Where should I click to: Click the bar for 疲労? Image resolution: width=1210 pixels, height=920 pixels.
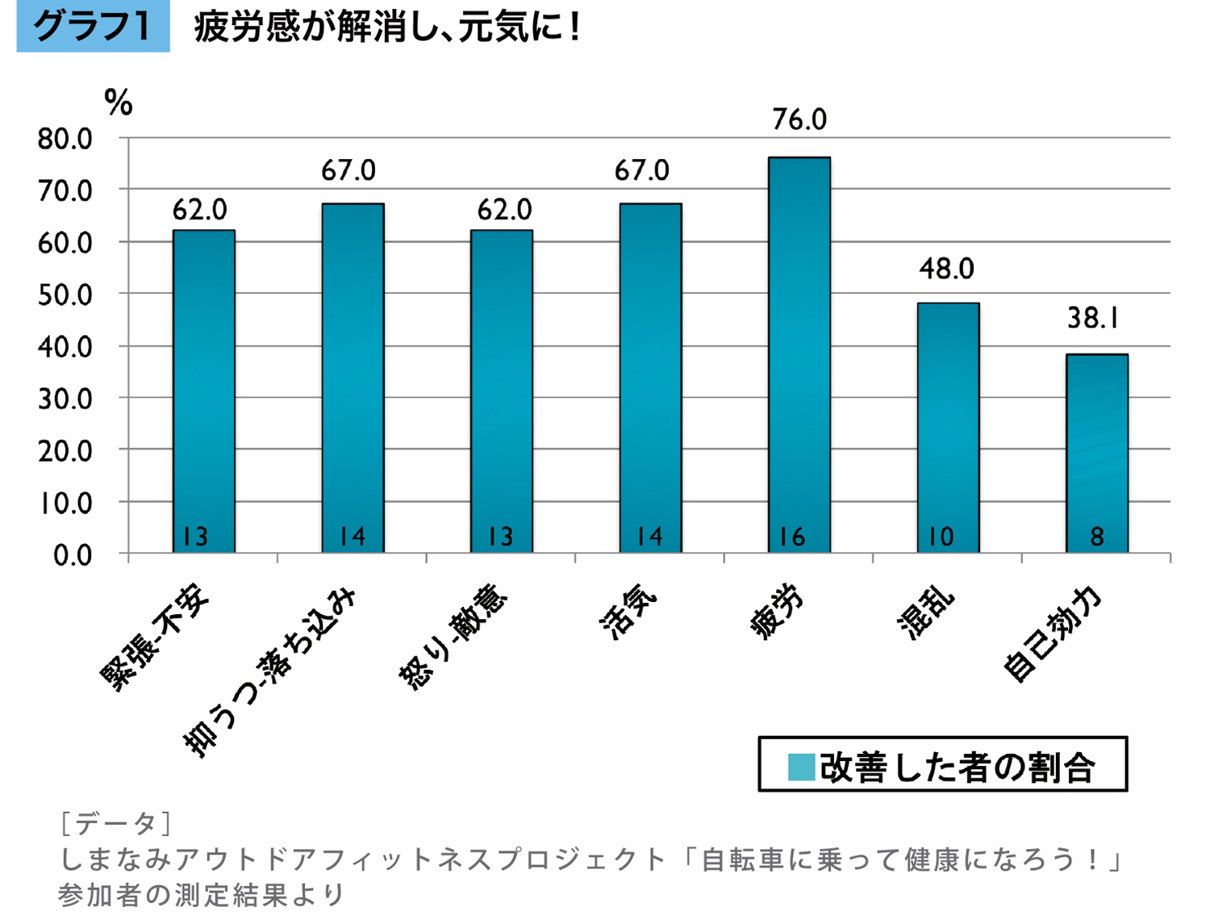pos(799,355)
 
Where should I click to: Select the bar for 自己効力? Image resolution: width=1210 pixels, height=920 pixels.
pos(1096,453)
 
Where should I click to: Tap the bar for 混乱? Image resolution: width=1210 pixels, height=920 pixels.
pos(948,428)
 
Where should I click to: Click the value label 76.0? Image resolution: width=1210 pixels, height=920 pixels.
pos(799,119)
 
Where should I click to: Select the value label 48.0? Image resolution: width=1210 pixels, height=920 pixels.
pos(946,268)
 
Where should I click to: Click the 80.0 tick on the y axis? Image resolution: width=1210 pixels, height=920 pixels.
pos(65,139)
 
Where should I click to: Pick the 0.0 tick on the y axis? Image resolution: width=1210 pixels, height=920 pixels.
pos(73,555)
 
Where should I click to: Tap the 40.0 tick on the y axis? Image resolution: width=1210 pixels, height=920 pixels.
pos(65,347)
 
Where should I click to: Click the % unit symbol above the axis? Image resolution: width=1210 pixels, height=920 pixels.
pos(119,102)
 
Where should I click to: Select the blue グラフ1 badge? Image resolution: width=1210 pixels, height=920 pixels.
pos(93,27)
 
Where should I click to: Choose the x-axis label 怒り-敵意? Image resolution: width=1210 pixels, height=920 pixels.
pos(453,638)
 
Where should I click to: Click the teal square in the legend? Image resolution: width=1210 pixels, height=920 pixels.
pos(801,767)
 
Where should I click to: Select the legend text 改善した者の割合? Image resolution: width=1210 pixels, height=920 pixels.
pos(957,767)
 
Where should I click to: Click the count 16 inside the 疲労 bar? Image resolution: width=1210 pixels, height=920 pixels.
pos(791,537)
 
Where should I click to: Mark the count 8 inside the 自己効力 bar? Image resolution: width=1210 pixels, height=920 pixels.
pos(1096,537)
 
